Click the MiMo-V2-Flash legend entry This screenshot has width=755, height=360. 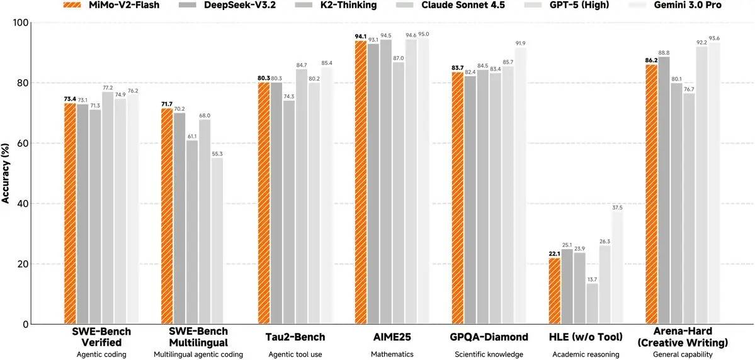pos(110,5)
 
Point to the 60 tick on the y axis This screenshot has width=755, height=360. pos(23,143)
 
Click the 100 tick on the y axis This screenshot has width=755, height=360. pos(20,23)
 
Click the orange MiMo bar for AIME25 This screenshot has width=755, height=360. pos(361,183)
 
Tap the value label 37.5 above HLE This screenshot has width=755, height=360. pos(617,207)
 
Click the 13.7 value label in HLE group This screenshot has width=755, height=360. pos(593,279)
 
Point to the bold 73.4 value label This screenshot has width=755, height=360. pos(70,99)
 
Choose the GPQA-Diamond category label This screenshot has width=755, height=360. pos(489,337)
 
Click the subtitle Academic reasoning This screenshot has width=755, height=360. pos(586,354)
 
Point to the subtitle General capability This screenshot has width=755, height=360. pos(683,354)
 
